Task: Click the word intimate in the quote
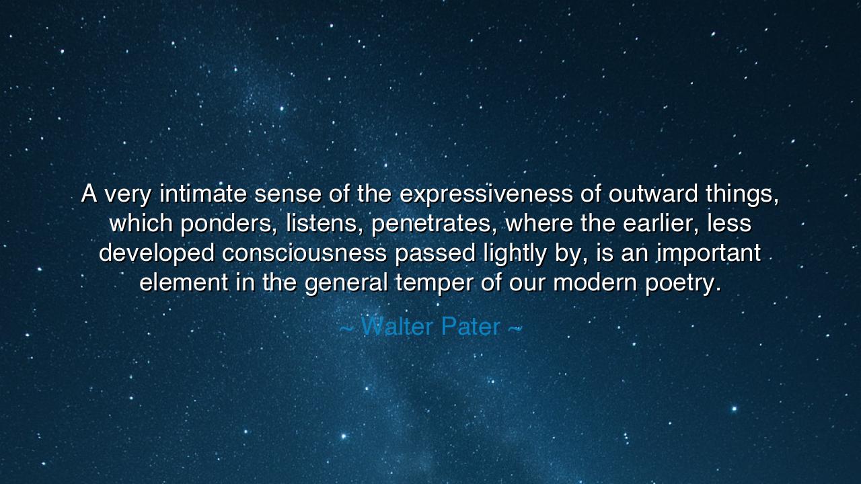click(204, 194)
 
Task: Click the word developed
click(157, 253)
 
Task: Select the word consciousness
click(305, 253)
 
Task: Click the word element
click(184, 282)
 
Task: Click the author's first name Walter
click(398, 327)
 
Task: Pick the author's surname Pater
click(471, 327)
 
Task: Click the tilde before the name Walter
click(346, 328)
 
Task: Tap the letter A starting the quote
click(89, 194)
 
